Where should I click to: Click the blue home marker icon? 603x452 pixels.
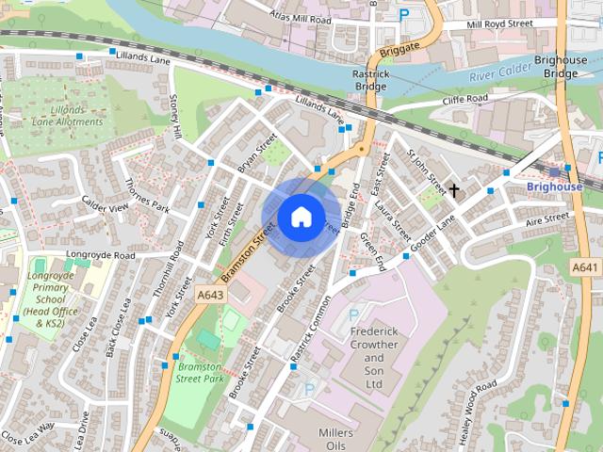click(x=301, y=218)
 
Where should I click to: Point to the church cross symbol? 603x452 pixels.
click(x=453, y=191)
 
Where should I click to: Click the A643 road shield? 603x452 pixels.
click(x=209, y=295)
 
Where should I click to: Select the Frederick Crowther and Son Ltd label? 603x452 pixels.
click(x=374, y=358)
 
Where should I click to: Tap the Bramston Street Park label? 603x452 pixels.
click(x=200, y=372)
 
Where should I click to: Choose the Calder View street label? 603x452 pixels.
click(x=105, y=207)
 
